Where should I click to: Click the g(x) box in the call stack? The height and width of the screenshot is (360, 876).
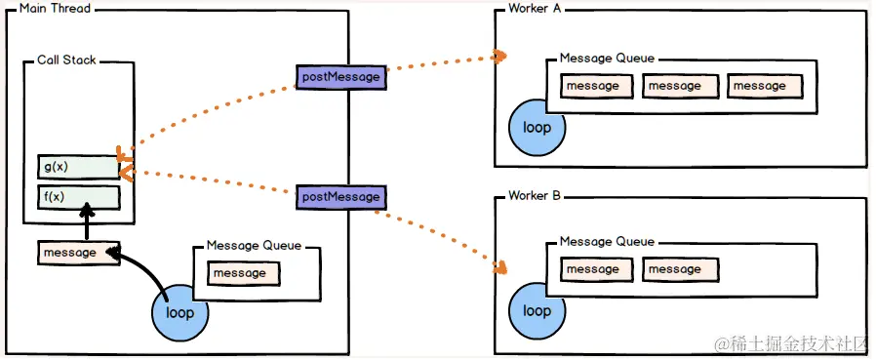(x=78, y=167)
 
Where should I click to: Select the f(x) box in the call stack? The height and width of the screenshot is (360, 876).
(x=78, y=197)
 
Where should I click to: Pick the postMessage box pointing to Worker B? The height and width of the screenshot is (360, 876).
(x=340, y=197)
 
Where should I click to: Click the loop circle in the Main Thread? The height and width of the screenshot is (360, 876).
(x=179, y=313)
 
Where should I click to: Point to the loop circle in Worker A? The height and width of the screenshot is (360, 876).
(x=537, y=128)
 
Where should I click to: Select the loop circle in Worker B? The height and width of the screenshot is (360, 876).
(x=537, y=311)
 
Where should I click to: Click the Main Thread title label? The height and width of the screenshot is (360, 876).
(x=49, y=9)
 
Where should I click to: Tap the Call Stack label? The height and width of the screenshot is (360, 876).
(x=67, y=60)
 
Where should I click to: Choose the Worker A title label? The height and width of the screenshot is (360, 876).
(x=536, y=9)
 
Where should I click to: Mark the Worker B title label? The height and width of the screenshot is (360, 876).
(x=535, y=196)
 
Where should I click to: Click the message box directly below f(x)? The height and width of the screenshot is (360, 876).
(x=78, y=253)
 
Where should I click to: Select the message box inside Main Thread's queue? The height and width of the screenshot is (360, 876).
(x=239, y=273)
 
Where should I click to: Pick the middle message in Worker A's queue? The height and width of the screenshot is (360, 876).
(x=675, y=86)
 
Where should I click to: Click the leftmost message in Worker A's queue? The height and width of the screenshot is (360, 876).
(x=592, y=86)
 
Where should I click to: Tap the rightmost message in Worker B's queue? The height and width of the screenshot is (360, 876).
(x=675, y=269)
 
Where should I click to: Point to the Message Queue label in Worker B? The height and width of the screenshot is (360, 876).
(x=607, y=242)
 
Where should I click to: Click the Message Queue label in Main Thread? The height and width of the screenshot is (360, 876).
(x=254, y=246)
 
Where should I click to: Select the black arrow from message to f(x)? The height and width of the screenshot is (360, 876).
(x=88, y=225)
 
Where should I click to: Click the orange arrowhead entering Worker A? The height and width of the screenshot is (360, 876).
(x=500, y=57)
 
